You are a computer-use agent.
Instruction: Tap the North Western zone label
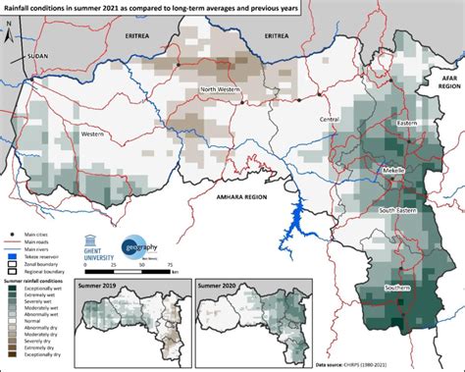(222, 90)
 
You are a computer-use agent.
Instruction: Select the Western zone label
(94, 133)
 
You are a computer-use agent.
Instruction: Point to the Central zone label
(330, 119)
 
